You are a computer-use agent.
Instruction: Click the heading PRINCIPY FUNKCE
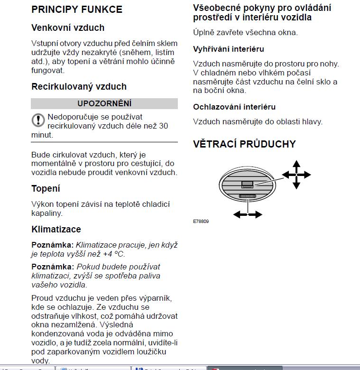click(76, 9)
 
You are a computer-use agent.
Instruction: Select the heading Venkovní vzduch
click(67, 28)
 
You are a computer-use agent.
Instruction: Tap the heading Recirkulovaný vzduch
click(79, 87)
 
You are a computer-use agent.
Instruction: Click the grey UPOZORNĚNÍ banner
click(104, 103)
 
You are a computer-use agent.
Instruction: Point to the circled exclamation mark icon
click(38, 120)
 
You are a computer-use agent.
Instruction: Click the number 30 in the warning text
click(163, 126)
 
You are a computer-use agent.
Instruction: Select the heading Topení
click(46, 189)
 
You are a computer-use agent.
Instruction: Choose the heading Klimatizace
click(56, 230)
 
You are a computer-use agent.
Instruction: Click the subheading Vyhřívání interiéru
click(228, 49)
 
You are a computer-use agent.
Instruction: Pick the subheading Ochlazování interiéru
click(234, 107)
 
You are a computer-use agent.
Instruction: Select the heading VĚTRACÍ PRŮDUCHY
click(244, 144)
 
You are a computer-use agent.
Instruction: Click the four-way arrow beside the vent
click(296, 175)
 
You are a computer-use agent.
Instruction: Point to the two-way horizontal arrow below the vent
click(248, 214)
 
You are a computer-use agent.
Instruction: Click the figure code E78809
click(201, 221)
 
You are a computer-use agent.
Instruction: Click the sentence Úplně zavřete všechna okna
click(245, 33)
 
